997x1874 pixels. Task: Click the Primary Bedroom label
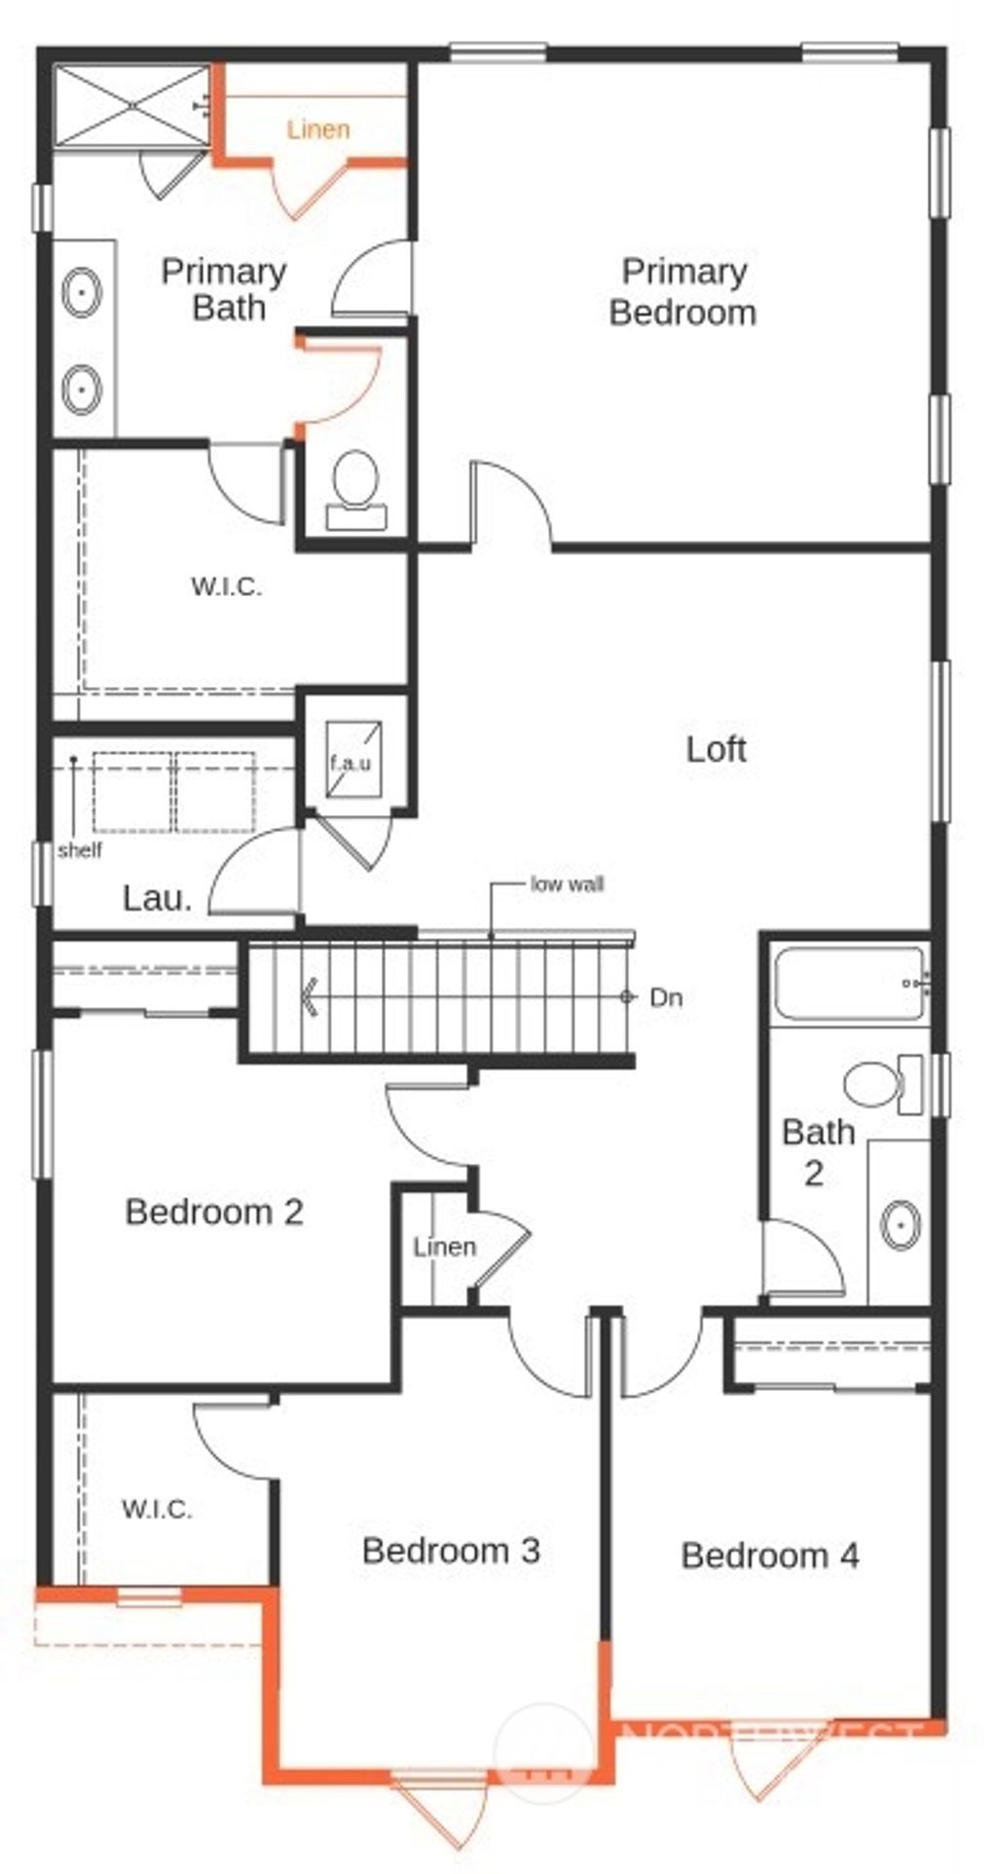click(x=683, y=291)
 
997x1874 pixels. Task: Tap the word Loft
click(x=717, y=749)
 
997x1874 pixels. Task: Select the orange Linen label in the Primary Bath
click(x=318, y=130)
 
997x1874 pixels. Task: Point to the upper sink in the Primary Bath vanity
click(x=82, y=292)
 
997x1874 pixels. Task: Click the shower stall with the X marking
click(x=130, y=106)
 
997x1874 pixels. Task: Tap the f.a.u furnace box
click(x=351, y=760)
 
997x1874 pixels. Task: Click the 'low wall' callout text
click(x=567, y=884)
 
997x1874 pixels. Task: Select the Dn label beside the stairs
click(x=666, y=997)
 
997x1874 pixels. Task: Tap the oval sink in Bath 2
click(x=901, y=1223)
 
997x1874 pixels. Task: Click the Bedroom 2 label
click(x=214, y=1212)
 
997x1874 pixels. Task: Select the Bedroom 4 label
click(x=769, y=1555)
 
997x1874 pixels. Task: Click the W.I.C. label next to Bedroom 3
click(x=157, y=1510)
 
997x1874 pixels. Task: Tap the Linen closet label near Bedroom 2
click(x=444, y=1247)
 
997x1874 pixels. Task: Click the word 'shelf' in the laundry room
click(x=80, y=850)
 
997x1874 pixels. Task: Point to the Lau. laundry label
click(x=158, y=898)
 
